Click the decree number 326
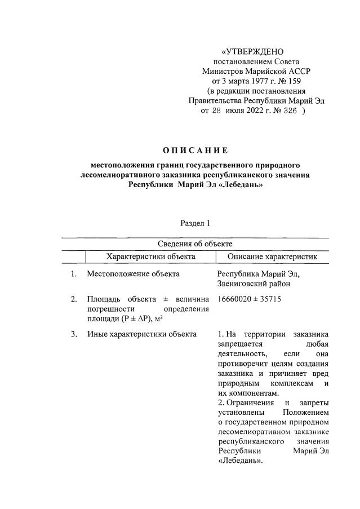[x=288, y=111]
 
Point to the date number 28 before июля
[x=217, y=111]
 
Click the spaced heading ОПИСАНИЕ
[x=194, y=151]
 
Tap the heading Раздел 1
[x=195, y=223]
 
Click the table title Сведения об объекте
[x=194, y=244]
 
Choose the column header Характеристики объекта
[x=150, y=256]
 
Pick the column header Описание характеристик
[x=272, y=256]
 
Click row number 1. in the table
[x=74, y=275]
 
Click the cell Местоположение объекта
[x=133, y=275]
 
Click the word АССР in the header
[x=298, y=71]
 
